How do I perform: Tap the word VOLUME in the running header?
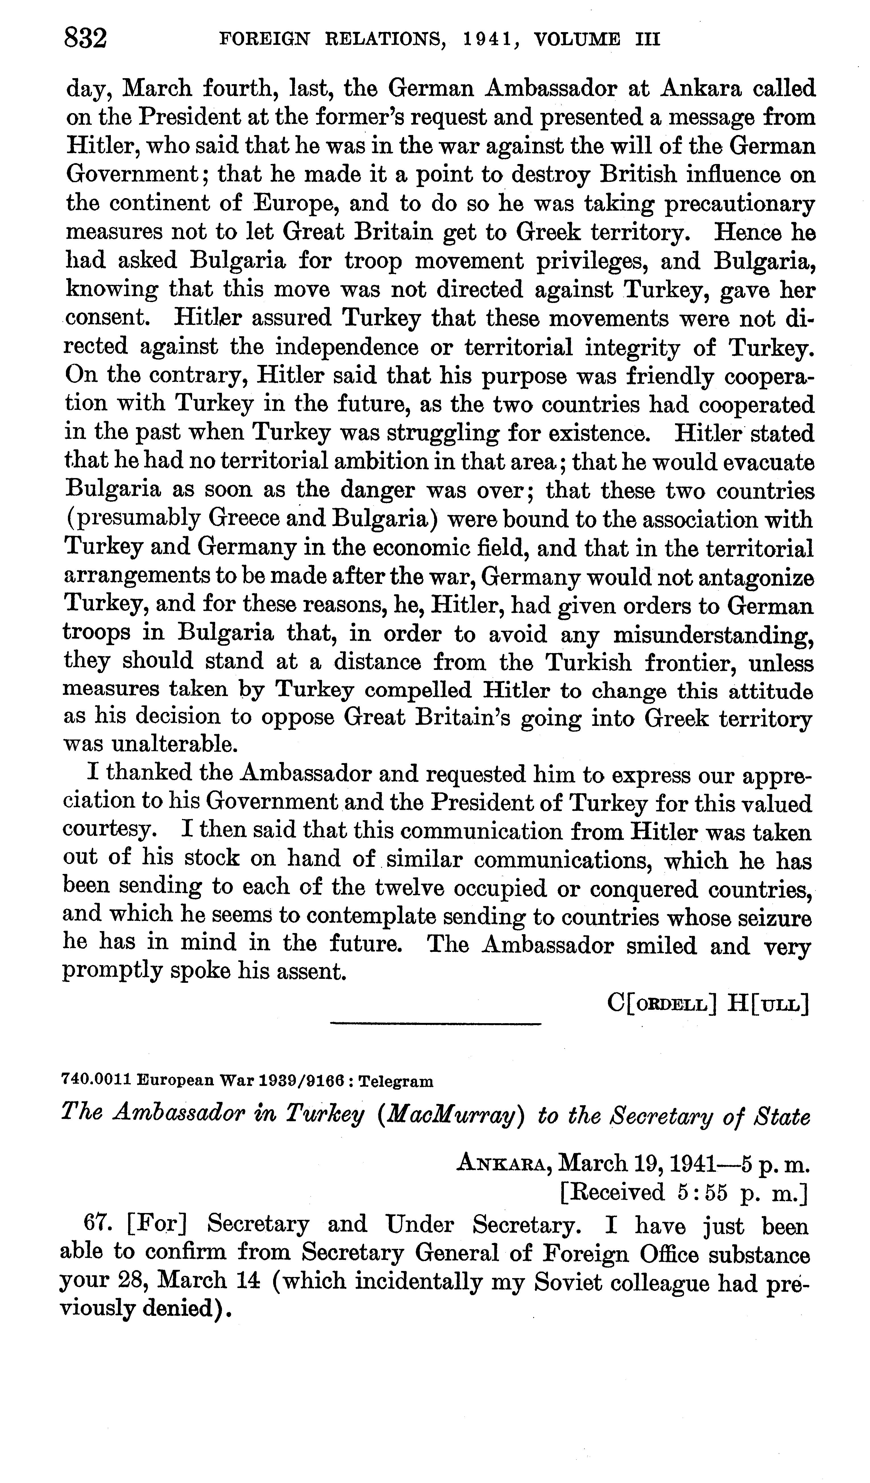coord(576,40)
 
